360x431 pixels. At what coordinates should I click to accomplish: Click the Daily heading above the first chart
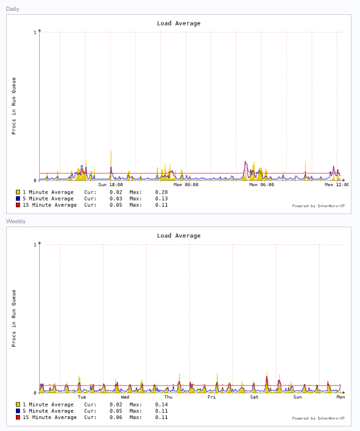(x=13, y=9)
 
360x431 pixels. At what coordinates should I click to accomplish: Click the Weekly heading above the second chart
(x=16, y=221)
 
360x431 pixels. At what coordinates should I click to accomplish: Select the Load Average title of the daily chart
(x=179, y=23)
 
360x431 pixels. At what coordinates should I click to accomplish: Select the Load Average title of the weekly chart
(x=179, y=236)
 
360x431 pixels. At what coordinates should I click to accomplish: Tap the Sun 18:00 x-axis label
(x=110, y=184)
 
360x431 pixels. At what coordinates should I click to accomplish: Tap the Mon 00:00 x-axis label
(x=186, y=184)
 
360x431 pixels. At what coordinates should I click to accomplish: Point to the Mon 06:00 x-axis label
(x=262, y=184)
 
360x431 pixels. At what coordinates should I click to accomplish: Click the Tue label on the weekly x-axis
(x=82, y=397)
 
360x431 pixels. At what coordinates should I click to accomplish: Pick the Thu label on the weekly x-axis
(x=168, y=397)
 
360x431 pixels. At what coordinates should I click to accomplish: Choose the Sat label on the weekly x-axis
(x=254, y=397)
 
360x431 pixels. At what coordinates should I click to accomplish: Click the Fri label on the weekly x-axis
(x=212, y=397)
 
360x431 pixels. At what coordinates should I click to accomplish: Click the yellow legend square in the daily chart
(x=18, y=192)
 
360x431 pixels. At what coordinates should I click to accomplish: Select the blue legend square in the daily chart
(x=18, y=199)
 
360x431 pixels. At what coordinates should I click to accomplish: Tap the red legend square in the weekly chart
(x=18, y=417)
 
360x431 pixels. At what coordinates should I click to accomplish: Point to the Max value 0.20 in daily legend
(x=161, y=192)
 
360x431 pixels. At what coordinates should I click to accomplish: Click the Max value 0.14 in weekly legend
(x=161, y=405)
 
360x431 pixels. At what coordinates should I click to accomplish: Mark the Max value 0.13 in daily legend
(x=161, y=199)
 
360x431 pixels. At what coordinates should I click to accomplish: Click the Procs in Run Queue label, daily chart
(x=14, y=106)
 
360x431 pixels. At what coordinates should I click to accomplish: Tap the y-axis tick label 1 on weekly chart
(x=35, y=245)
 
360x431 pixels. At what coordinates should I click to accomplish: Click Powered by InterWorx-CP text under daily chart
(x=318, y=206)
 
